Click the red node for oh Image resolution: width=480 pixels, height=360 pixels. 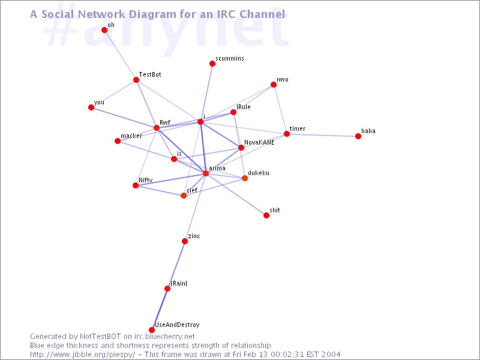(104, 29)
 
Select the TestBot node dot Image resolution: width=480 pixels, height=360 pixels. (136, 80)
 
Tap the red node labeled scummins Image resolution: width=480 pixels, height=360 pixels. (212, 64)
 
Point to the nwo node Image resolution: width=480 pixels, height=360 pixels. (274, 85)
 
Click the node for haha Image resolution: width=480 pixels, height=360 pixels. (358, 136)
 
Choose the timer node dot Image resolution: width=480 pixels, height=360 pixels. (287, 134)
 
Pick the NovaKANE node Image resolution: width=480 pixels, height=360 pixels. (241, 148)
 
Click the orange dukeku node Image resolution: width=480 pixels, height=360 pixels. (245, 178)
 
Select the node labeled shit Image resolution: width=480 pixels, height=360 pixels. (266, 215)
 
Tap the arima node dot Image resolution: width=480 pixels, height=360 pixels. (206, 173)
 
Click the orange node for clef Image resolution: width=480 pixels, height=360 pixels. (184, 196)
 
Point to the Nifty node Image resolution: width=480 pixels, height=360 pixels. (136, 185)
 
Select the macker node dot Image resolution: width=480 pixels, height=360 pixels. (118, 141)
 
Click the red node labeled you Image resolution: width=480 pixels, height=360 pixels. (91, 107)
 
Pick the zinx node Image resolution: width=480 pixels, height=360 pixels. (185, 241)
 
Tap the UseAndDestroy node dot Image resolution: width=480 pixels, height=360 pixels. (152, 330)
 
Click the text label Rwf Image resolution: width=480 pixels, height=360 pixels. (164, 122)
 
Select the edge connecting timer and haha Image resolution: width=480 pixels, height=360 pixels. (323, 135)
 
